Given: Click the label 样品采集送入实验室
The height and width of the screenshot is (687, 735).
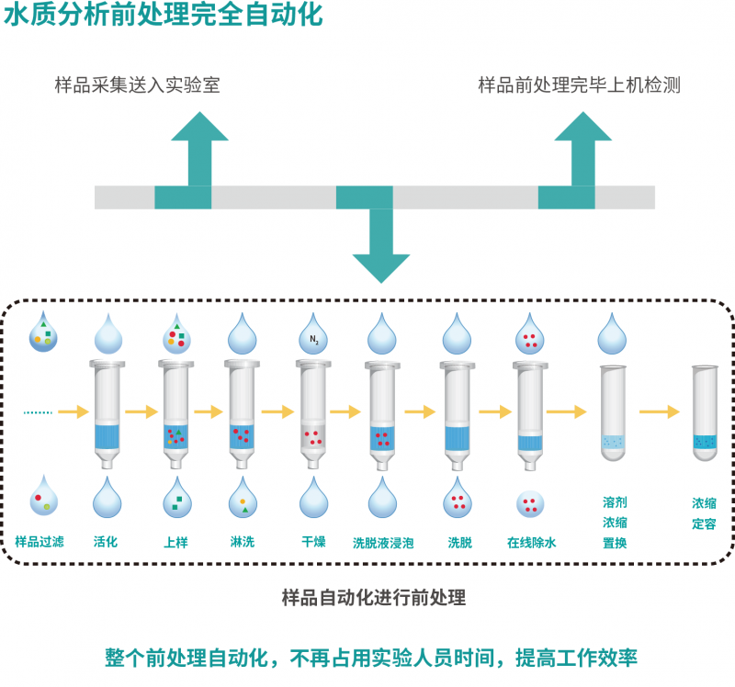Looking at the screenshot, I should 137,85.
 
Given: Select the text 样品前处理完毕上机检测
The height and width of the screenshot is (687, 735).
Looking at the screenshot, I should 579,85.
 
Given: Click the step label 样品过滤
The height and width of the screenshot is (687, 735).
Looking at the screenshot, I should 40,542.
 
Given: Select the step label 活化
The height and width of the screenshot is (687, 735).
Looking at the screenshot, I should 107,542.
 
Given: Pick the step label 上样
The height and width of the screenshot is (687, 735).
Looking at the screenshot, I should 175,542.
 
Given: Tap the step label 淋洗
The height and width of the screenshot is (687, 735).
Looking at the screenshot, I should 243,542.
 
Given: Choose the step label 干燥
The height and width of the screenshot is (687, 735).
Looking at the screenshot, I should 314,542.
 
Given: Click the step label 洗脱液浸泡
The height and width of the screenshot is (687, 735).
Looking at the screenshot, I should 383,543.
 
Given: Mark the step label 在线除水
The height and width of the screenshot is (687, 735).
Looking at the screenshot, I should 532,543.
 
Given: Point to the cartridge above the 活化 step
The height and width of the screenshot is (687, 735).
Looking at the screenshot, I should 107,412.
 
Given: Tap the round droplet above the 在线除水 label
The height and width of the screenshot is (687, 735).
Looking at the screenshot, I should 530,503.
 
